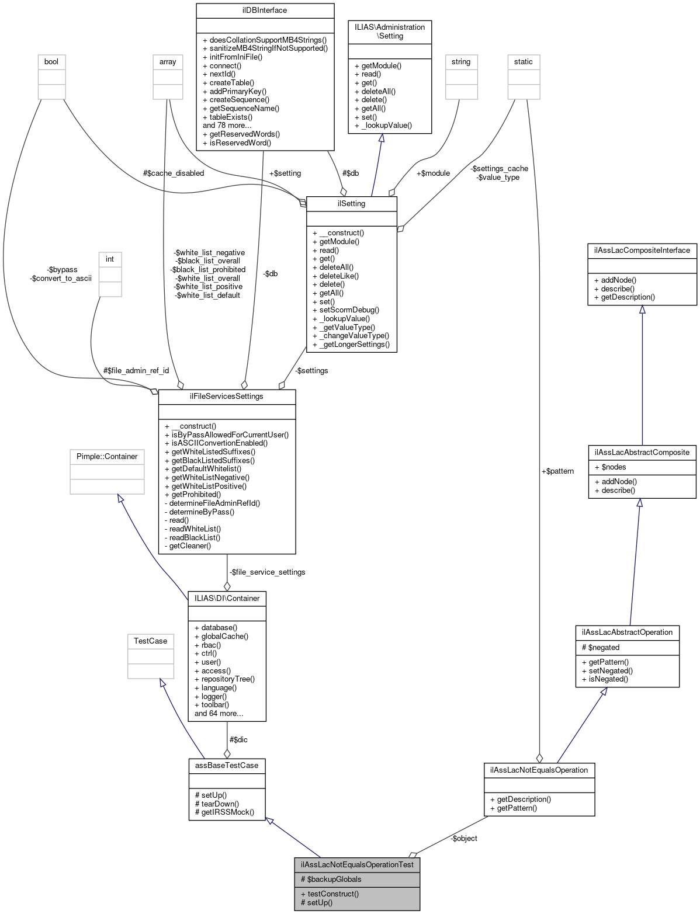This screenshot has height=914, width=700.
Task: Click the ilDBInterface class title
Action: (265, 10)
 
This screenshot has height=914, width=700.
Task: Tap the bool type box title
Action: (51, 61)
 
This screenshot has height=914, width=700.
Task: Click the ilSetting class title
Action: (351, 203)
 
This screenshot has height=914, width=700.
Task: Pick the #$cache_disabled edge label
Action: (174, 173)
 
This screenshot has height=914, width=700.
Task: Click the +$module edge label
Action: (433, 173)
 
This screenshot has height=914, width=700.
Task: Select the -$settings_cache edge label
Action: (499, 168)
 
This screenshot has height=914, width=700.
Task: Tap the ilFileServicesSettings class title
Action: (227, 396)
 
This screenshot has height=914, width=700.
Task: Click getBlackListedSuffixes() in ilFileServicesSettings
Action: (213, 460)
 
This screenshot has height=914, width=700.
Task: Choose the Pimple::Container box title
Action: (107, 456)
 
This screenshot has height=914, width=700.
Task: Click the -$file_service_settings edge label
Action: (267, 572)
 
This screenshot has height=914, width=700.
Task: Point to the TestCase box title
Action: (150, 641)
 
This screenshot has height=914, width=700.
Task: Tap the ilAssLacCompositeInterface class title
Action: (642, 250)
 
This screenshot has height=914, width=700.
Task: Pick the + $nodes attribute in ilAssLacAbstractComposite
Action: (610, 467)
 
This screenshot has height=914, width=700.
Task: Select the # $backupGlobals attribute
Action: (331, 879)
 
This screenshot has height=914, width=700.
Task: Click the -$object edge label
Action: (464, 838)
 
